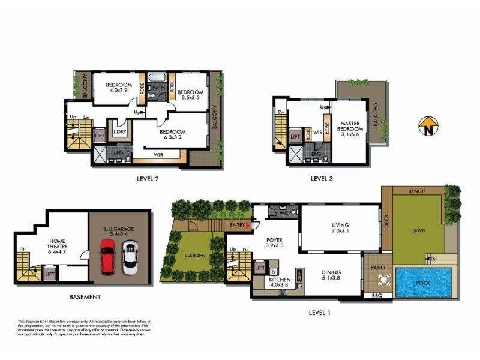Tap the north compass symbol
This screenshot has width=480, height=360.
click(428, 127)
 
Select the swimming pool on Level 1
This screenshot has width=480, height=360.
click(424, 281)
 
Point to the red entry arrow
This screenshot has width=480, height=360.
click(248, 225)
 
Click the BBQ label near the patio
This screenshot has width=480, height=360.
click(377, 296)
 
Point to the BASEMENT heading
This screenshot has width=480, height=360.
click(84, 297)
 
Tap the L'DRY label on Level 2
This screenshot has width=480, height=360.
click(118, 131)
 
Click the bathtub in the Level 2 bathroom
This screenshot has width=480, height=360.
click(158, 77)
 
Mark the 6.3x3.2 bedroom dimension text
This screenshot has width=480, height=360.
click(172, 138)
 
